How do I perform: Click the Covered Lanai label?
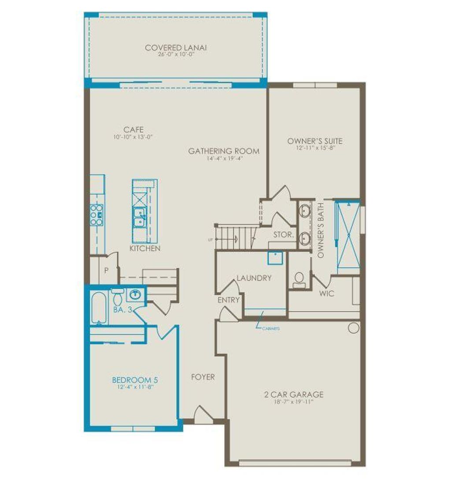[176, 48]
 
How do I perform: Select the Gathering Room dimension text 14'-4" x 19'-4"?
[223, 158]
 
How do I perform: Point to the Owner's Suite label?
[314, 141]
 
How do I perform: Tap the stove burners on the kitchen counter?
[96, 215]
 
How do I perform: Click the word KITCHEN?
[145, 249]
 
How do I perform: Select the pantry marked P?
[106, 270]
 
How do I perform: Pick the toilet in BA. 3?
[118, 297]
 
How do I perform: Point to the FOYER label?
[203, 377]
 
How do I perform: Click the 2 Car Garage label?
[294, 395]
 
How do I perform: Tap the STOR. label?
[283, 235]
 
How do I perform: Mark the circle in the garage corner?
[353, 328]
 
